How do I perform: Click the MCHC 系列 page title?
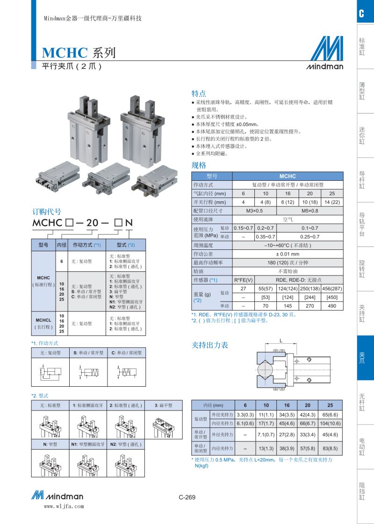(x=79, y=52)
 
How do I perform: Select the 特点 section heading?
(x=199, y=93)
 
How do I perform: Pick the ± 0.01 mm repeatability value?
(x=288, y=254)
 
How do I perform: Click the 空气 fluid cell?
(x=288, y=219)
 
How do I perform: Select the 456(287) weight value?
(x=332, y=289)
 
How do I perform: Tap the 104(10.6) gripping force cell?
(x=331, y=423)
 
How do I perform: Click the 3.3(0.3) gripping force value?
(x=245, y=414)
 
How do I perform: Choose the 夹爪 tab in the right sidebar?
(x=362, y=358)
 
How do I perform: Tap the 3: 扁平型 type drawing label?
(x=163, y=405)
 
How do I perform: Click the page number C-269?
(x=187, y=497)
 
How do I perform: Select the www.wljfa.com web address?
(x=64, y=506)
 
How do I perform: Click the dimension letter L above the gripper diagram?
(x=280, y=340)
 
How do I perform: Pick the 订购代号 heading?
(x=46, y=212)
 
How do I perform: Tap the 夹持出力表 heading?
(x=210, y=345)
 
